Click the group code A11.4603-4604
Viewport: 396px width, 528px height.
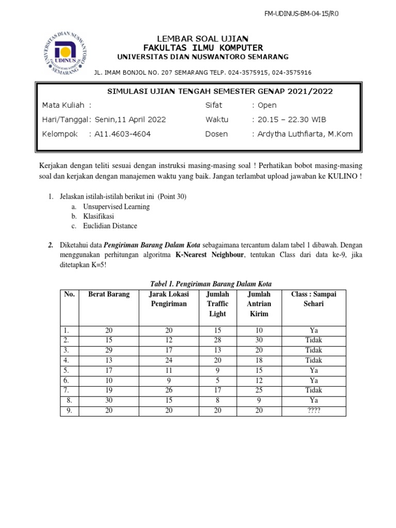(122, 134)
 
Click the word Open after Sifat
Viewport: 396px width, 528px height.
(268, 105)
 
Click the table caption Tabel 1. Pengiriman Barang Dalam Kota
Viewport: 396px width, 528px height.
(210, 284)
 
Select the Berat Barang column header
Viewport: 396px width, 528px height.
(108, 294)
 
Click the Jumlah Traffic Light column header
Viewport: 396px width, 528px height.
(217, 304)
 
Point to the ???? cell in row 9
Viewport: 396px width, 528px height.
(313, 410)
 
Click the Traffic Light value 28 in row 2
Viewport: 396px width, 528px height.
(217, 340)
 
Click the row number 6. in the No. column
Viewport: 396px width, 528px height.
(67, 381)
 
